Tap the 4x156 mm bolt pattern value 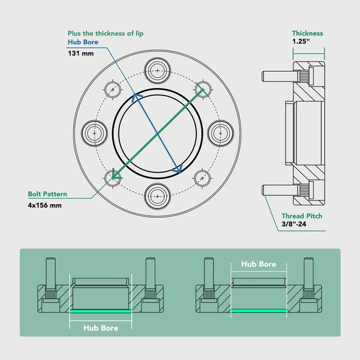pyautogui.click(x=45, y=205)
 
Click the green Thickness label pyautogui.click(x=307, y=34)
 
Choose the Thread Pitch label pyautogui.click(x=302, y=216)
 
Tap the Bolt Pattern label pyautogui.click(x=47, y=194)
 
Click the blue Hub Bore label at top pyautogui.click(x=82, y=43)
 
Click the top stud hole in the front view pyautogui.click(x=157, y=71)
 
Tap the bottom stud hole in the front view pyautogui.click(x=157, y=195)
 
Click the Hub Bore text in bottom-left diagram pyautogui.click(x=100, y=328)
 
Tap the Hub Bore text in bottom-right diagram pyautogui.click(x=259, y=264)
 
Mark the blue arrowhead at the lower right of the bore pyautogui.click(x=177, y=170)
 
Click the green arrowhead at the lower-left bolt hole pyautogui.click(x=115, y=176)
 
